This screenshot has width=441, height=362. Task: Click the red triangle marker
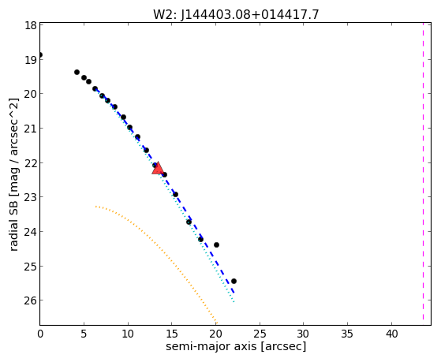coord(158,168)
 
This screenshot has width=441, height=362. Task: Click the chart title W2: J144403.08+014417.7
coord(236,14)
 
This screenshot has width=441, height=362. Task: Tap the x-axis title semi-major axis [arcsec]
coord(236,346)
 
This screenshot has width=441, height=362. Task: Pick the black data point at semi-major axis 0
coord(40,55)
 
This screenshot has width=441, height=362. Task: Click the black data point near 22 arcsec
coord(234,281)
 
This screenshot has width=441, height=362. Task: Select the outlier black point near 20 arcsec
coord(216,244)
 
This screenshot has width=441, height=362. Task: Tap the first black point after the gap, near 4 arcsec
coord(77,72)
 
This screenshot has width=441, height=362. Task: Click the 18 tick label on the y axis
coord(31,25)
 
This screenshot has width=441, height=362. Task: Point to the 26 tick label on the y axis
coord(31,300)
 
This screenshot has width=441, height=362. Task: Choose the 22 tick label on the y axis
coord(31,162)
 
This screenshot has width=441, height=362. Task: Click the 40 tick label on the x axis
coord(391,334)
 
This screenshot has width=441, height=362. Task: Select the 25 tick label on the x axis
coord(260,334)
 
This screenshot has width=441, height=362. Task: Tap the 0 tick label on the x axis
coord(40,334)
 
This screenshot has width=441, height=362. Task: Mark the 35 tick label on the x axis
coord(348,334)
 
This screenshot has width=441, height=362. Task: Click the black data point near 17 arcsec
coord(189,222)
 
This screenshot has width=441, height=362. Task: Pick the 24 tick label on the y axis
coord(31,232)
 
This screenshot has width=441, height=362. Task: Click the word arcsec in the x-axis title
coord(283,346)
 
